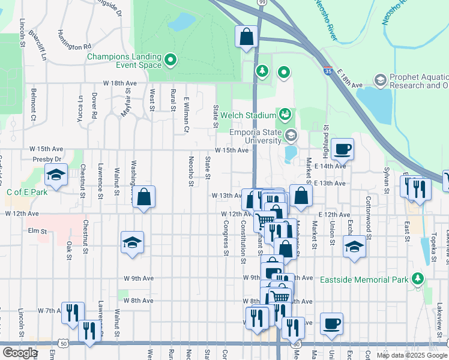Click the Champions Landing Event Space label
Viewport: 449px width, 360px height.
pos(124,61)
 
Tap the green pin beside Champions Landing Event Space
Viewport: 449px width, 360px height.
pos(170,60)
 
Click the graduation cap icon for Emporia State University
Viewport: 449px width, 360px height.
pos(291,135)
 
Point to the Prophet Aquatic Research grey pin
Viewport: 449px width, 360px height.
pos(379,80)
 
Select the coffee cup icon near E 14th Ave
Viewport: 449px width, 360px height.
pos(342,148)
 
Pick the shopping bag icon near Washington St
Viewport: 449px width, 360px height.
pos(144,196)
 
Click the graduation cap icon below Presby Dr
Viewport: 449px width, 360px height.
pos(56,175)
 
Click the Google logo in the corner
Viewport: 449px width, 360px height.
pos(20,353)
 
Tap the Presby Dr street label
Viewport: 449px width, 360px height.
pos(49,159)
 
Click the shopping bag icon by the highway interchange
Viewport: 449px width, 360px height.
pos(246,37)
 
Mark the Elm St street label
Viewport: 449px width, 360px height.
pos(37,230)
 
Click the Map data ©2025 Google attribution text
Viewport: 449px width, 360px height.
pos(411,355)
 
